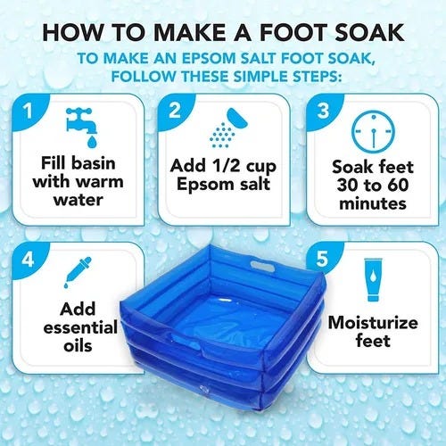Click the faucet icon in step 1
click(82, 128)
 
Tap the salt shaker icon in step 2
click(228, 128)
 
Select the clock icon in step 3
click(373, 131)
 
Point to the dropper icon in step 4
click(78, 272)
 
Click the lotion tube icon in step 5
click(373, 280)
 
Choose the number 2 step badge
click(175, 111)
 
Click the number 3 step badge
click(323, 111)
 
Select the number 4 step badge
click(29, 260)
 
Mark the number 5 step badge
click(322, 260)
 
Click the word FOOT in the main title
click(293, 32)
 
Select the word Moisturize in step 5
click(373, 323)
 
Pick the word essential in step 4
click(80, 328)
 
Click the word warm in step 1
click(101, 182)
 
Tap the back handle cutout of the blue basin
click(262, 265)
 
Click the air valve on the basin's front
click(204, 388)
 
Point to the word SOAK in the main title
click(369, 32)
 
